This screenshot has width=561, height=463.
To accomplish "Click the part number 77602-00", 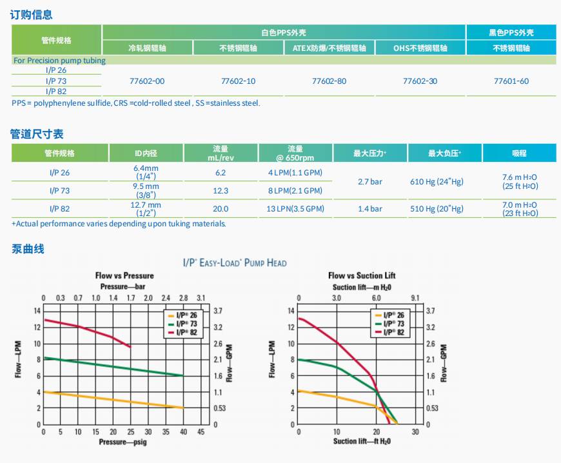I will point(147,81).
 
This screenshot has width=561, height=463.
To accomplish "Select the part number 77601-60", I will point(511,81).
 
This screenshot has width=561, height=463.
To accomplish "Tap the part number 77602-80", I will point(329,81).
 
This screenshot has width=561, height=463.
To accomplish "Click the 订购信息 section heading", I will point(32,14).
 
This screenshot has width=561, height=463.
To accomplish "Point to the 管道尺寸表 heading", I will point(37,133).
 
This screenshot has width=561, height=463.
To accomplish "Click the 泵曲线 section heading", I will point(28,248).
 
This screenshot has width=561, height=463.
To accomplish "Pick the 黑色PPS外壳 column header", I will point(511,32).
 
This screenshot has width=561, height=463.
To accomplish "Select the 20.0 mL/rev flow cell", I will point(221,209).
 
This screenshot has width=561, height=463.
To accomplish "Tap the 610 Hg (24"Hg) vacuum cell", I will point(437,182).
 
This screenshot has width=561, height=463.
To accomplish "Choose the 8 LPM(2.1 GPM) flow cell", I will point(295,191).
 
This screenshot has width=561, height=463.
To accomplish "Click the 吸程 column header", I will point(519,153).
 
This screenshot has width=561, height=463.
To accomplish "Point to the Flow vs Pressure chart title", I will point(124,276).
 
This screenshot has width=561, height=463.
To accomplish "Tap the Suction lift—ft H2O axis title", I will point(362,442).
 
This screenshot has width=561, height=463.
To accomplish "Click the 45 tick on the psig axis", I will point(201,432).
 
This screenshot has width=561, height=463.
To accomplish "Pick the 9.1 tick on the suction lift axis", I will point(415,299).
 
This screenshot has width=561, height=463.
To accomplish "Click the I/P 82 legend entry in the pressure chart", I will point(185,332).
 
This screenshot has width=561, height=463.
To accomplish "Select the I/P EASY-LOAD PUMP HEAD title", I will point(235,263).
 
